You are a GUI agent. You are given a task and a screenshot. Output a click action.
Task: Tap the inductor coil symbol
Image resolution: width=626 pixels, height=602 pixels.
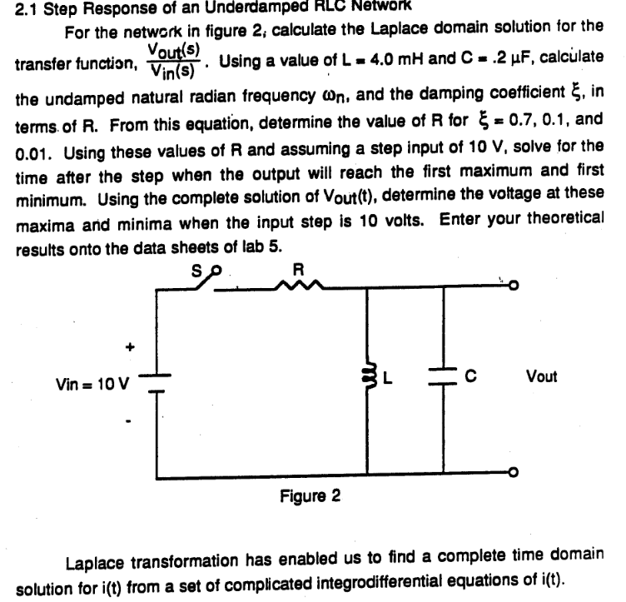(368, 378)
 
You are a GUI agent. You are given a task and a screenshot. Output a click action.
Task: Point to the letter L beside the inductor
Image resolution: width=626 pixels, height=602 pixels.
(387, 379)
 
